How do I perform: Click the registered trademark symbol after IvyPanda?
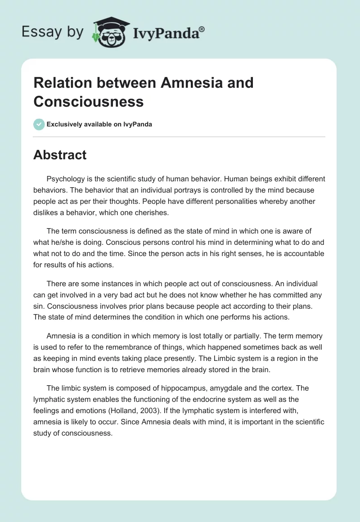click(202, 29)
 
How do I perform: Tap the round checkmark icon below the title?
click(39, 124)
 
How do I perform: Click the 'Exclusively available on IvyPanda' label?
click(99, 124)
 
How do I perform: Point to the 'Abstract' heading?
click(60, 155)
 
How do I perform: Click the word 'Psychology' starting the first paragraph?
click(66, 179)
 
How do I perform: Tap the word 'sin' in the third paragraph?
click(40, 306)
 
